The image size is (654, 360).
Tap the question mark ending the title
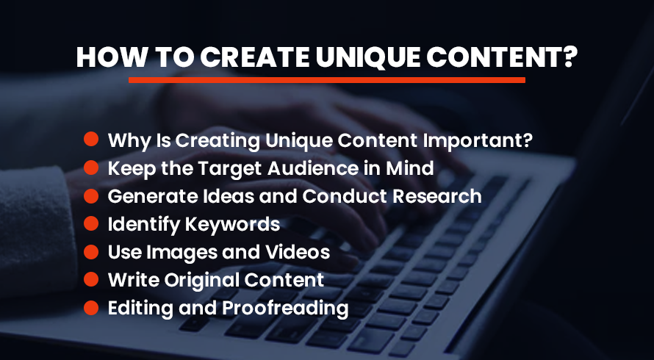coord(568,57)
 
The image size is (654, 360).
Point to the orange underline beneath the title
coord(326,80)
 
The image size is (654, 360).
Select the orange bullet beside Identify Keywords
coord(91,224)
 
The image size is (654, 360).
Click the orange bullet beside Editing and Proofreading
coord(91,308)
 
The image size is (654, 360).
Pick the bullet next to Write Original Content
coord(91,279)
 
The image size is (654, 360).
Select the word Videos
coord(298,252)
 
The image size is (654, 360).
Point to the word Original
coord(201,281)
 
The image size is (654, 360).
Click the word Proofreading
coord(285,309)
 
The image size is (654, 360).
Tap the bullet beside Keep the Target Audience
coord(91,168)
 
